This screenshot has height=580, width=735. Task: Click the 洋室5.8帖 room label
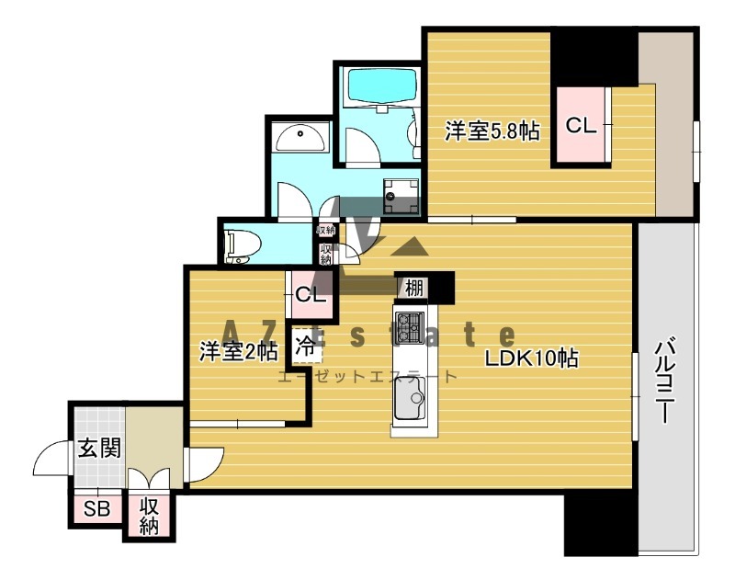click(491, 131)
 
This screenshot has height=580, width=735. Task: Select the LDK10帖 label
click(532, 358)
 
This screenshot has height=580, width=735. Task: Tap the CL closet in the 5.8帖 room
click(581, 126)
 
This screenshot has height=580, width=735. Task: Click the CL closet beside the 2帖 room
click(309, 295)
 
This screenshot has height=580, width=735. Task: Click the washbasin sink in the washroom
click(301, 139)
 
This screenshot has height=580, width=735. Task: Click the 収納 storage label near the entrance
click(150, 515)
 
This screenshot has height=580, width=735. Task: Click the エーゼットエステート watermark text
click(367, 376)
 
